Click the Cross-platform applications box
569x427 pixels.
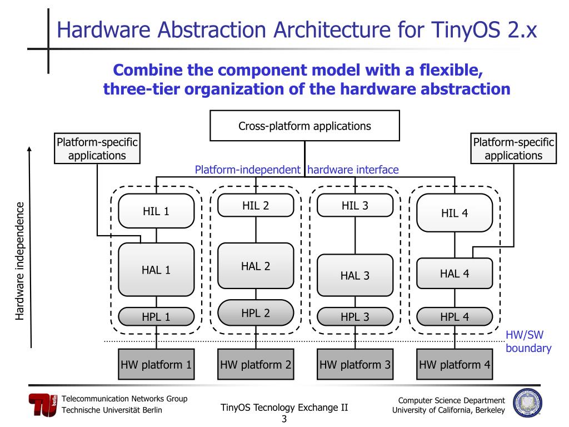[x=305, y=126]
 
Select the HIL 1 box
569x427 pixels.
[x=156, y=211]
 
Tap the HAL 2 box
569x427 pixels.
[x=256, y=266]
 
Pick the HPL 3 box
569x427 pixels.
[x=355, y=317]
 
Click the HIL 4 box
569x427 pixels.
[x=455, y=212]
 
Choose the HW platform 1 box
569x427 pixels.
[x=156, y=365]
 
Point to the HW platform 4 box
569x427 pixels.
[x=455, y=365]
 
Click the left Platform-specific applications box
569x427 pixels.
[x=97, y=148]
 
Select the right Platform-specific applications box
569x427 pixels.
[x=513, y=148]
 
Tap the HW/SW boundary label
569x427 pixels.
[x=528, y=342]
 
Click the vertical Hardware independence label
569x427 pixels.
[x=20, y=261]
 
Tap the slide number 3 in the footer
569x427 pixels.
[x=284, y=419]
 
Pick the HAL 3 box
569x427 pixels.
[x=355, y=275]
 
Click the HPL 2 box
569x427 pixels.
[x=256, y=312]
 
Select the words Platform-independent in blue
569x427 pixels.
[x=247, y=170]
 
